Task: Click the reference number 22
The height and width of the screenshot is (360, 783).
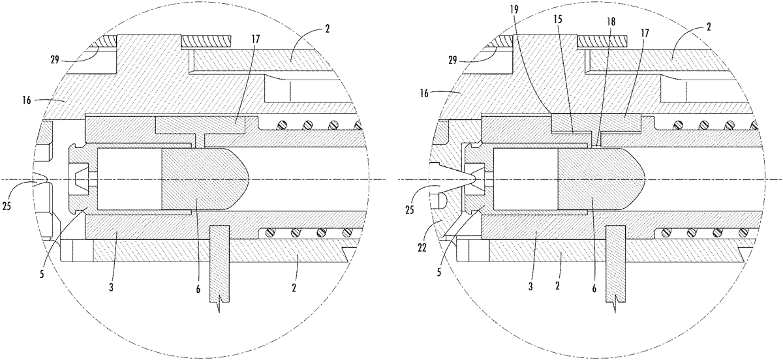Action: point(422,248)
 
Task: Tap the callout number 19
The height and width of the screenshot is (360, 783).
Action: point(514,9)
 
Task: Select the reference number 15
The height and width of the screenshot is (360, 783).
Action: point(559,20)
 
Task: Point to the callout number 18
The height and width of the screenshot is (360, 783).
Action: point(611,22)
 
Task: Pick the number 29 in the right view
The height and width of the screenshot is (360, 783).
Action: point(453,60)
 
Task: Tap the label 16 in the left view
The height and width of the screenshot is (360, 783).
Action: point(26,100)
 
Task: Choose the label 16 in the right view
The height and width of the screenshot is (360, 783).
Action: point(424,93)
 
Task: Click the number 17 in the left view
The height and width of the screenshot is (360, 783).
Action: point(256,39)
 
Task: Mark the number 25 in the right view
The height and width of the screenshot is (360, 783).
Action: point(409,210)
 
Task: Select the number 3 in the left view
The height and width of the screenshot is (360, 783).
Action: point(111,288)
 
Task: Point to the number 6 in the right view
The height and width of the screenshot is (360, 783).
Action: point(594,289)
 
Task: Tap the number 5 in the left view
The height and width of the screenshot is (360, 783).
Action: point(42,274)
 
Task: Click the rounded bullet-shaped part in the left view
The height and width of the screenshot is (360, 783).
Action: point(205,179)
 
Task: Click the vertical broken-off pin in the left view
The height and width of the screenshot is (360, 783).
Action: point(219,265)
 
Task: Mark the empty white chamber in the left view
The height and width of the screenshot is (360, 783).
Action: point(129,179)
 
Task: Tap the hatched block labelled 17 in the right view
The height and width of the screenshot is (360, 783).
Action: point(596,123)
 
